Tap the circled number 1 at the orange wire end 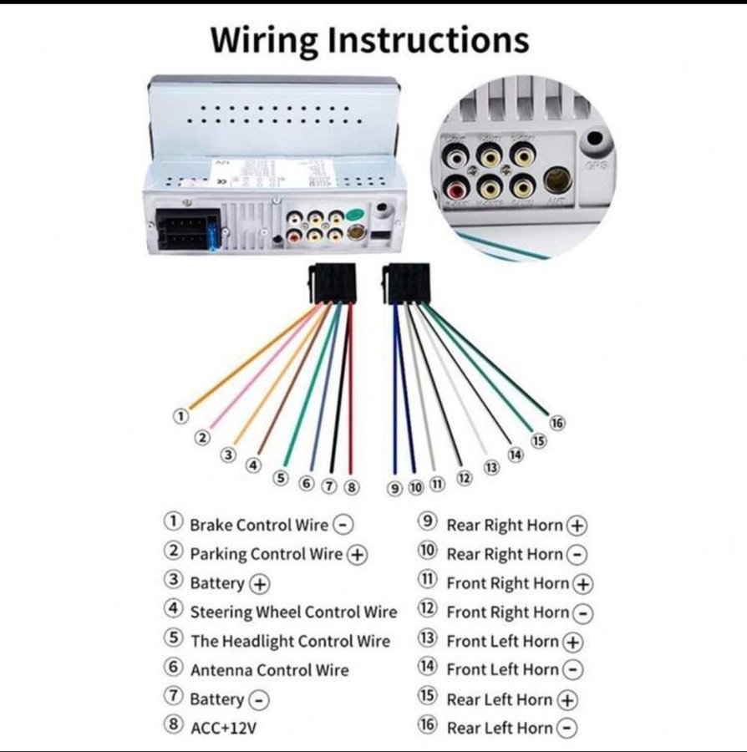[x=179, y=415]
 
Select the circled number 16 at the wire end [x=557, y=423]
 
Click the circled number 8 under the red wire [x=352, y=485]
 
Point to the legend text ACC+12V [x=223, y=727]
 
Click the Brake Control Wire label [x=259, y=525]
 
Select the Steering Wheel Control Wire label [x=293, y=612]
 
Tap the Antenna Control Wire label [x=269, y=669]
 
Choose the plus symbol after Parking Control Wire [x=357, y=554]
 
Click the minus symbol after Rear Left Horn [x=567, y=728]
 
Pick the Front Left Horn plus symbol [x=572, y=642]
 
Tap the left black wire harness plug [x=333, y=283]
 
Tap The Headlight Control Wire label [x=290, y=641]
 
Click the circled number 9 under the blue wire [x=395, y=488]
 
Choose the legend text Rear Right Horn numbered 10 [x=505, y=554]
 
